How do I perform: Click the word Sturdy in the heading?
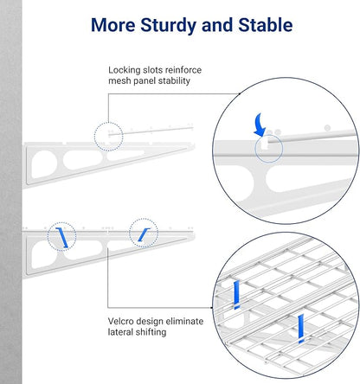[169, 26]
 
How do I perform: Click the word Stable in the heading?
[266, 25]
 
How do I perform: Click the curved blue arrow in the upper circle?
[260, 125]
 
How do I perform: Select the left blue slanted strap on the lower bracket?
[61, 238]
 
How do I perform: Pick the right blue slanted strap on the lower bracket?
[144, 234]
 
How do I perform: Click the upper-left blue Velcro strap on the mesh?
[237, 295]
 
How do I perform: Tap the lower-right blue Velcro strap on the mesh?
[301, 329]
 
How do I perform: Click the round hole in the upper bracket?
[44, 164]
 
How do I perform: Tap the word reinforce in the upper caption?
[183, 70]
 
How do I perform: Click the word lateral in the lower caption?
[120, 332]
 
